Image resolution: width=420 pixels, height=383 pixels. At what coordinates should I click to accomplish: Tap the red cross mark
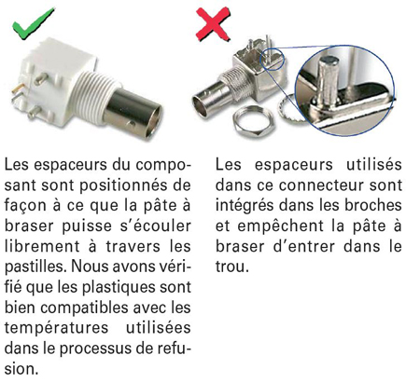coord(213,24)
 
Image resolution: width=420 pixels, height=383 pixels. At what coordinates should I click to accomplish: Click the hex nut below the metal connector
coord(253,121)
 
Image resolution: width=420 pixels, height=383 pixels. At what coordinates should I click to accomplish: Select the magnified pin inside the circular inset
coord(328,80)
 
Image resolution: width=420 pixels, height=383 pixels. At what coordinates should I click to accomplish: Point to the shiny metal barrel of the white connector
coord(133,113)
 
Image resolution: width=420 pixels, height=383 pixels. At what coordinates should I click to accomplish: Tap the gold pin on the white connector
coord(16,90)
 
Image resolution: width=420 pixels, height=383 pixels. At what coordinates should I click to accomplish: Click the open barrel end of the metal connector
coord(200,106)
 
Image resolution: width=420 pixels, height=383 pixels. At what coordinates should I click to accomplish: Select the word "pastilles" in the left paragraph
coord(35,267)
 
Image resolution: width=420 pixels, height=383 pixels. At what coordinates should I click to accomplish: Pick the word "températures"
coord(56,328)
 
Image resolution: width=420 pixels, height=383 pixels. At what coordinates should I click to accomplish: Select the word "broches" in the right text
coord(372,205)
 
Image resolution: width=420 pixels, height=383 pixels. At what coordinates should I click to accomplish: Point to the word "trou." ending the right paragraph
coord(232,267)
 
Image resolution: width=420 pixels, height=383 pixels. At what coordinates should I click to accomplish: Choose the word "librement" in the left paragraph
coord(42,246)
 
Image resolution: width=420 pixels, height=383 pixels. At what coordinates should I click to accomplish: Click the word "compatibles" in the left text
coord(84,308)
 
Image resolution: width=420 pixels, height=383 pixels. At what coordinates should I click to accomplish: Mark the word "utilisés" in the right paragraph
coord(374,164)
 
